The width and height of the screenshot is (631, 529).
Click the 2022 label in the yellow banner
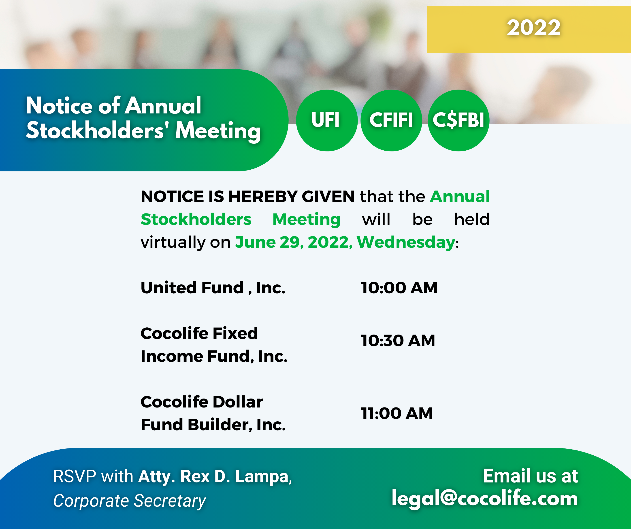click(534, 28)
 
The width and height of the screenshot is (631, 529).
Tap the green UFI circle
click(327, 120)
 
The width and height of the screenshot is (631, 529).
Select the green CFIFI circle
click(391, 120)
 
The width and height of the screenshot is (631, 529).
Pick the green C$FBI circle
click(458, 120)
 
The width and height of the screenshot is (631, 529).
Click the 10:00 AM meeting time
click(399, 288)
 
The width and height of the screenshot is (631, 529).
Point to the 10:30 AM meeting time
click(398, 341)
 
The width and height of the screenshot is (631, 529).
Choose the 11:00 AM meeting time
click(397, 413)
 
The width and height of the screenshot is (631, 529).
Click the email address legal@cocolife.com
click(485, 498)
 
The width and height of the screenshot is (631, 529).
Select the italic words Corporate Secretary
click(130, 501)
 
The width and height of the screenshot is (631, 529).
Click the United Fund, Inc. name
click(213, 288)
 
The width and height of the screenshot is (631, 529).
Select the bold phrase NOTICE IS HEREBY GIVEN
click(248, 196)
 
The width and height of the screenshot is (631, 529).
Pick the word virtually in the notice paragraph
click(173, 242)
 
